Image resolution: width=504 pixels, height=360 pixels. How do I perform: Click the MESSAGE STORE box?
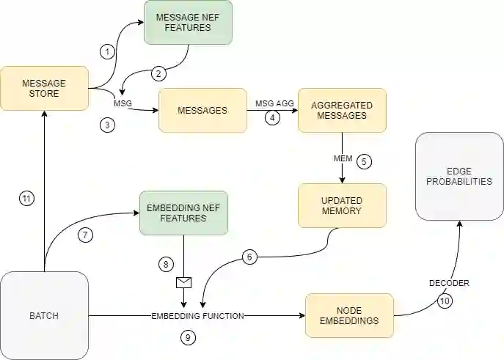(45, 89)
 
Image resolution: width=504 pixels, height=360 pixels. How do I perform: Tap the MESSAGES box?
(202, 111)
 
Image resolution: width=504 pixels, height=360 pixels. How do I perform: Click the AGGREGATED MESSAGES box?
(342, 111)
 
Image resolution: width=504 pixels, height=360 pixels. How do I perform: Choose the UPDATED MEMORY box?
(342, 205)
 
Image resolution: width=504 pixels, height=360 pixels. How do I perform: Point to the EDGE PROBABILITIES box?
(459, 176)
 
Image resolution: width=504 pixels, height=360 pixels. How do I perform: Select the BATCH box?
(45, 316)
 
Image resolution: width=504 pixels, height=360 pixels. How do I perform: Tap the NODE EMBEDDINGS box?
(349, 315)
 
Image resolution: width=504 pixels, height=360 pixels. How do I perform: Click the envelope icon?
(183, 282)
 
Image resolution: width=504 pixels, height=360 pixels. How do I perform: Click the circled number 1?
(108, 51)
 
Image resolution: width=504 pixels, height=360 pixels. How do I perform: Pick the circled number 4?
(273, 117)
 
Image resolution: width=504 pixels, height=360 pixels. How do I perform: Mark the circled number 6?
(249, 257)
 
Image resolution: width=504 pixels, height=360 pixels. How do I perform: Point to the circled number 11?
(27, 198)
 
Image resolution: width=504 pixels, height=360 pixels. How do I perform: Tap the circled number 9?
(188, 338)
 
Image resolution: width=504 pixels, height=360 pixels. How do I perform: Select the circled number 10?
(445, 300)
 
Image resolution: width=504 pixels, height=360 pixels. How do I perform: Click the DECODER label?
(448, 283)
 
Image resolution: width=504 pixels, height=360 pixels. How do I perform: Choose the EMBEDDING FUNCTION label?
(197, 316)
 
